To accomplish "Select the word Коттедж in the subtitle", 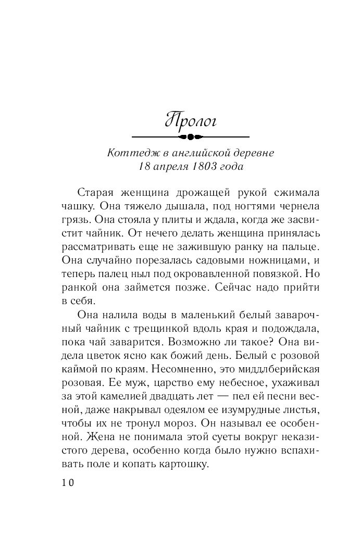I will tap(128, 154).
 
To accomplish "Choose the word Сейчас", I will tap(201, 286).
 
